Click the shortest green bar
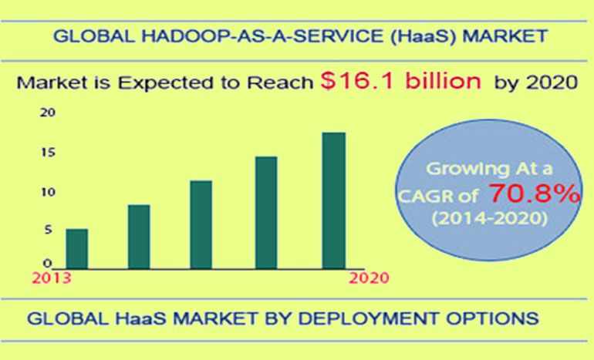[77, 249]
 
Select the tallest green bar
[334, 200]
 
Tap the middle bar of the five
[201, 225]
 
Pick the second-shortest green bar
[139, 237]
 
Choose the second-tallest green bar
[266, 213]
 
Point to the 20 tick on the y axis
[48, 113]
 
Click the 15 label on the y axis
[48, 152]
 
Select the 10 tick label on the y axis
[48, 192]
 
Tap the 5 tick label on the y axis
[48, 230]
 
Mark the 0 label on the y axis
[47, 263]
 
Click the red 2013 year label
[52, 278]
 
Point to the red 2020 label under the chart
[369, 278]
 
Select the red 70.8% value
[535, 193]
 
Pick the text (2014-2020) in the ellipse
[490, 218]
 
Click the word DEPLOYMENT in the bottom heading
[369, 318]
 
